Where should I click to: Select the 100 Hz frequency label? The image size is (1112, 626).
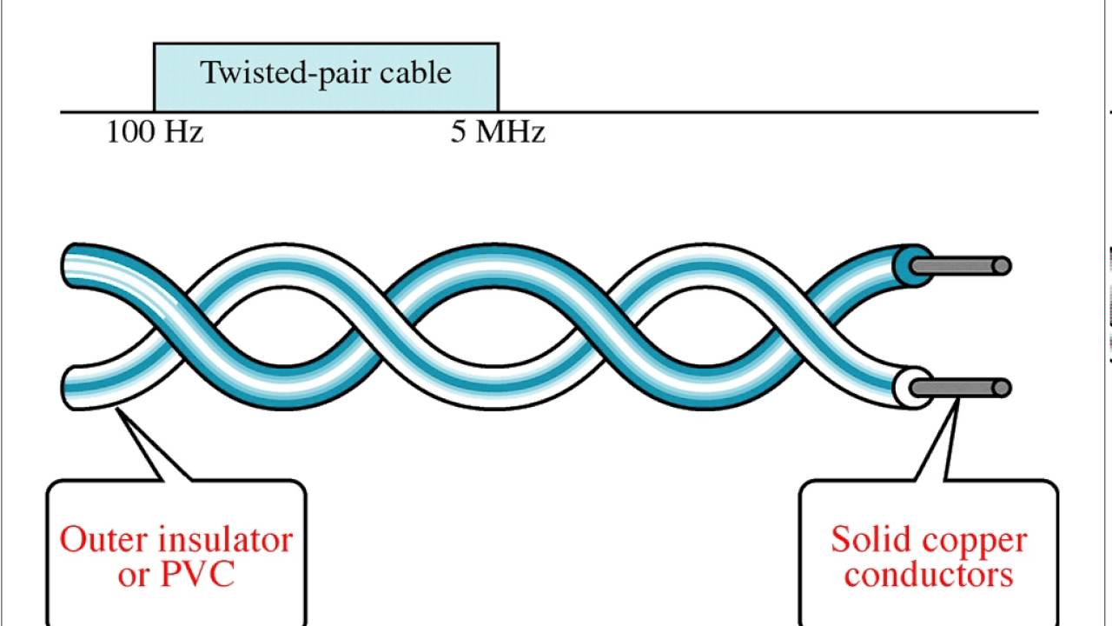(155, 133)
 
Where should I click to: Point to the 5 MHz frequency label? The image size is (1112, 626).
(498, 133)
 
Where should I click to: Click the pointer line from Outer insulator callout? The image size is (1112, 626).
(143, 448)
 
